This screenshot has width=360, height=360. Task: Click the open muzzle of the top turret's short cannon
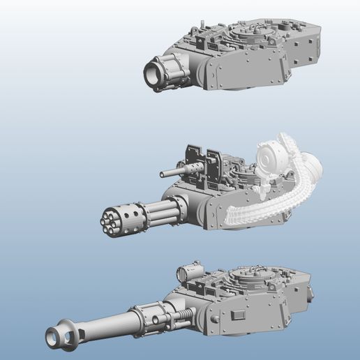(153, 73)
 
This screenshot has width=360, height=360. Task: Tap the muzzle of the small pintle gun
(163, 174)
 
